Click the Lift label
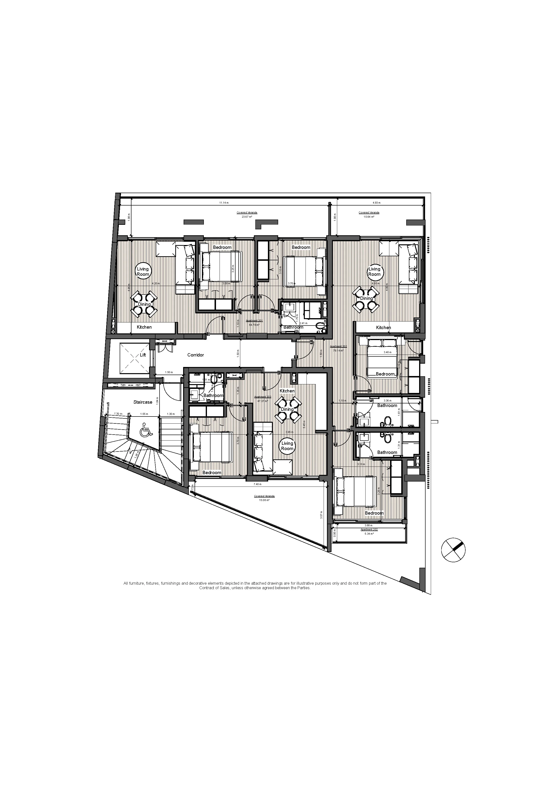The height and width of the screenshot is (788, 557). tap(143, 355)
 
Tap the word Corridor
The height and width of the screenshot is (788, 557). tap(196, 355)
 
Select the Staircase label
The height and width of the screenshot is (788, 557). tap(143, 402)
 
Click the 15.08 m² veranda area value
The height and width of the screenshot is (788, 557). tap(264, 500)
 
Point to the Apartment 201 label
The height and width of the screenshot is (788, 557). tap(254, 321)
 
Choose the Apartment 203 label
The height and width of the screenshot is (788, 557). tap(262, 397)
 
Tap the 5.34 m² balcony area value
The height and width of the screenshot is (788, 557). tap(369, 534)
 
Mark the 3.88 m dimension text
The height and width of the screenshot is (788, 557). tap(369, 525)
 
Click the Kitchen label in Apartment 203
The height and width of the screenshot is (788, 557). tap(287, 391)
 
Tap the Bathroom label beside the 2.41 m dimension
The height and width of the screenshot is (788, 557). tap(293, 327)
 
